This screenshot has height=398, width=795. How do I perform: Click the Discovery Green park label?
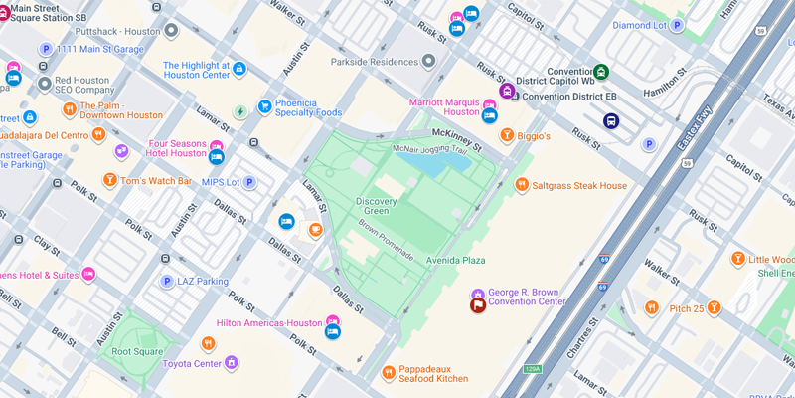click(x=376, y=206)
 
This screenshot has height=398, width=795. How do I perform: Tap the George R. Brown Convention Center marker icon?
click(x=478, y=305)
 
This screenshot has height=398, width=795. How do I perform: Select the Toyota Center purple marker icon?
click(x=232, y=363)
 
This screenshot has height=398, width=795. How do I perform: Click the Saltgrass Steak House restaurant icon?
click(x=522, y=185)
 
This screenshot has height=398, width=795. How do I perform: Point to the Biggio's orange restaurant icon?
click(x=507, y=135)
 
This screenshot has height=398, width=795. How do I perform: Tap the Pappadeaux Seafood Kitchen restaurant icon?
click(x=389, y=372)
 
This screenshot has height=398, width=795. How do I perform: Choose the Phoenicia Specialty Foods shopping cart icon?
click(x=265, y=106)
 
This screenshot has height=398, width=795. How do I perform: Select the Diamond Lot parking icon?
click(x=680, y=25)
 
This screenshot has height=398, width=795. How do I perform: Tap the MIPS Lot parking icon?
click(x=250, y=182)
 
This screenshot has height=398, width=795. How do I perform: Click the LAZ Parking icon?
click(x=167, y=282)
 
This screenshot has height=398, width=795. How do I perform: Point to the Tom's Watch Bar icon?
click(x=110, y=180)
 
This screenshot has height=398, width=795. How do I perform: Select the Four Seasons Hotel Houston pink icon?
click(x=216, y=146)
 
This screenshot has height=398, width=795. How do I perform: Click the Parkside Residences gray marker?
click(x=428, y=62)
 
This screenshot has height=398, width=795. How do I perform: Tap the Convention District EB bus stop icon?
click(x=611, y=121)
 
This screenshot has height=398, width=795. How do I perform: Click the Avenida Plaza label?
click(x=455, y=261)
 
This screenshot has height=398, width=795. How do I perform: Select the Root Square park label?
click(x=137, y=351)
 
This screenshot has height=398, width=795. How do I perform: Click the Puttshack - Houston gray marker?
click(x=171, y=31)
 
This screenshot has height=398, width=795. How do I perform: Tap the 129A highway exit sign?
click(x=533, y=369)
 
